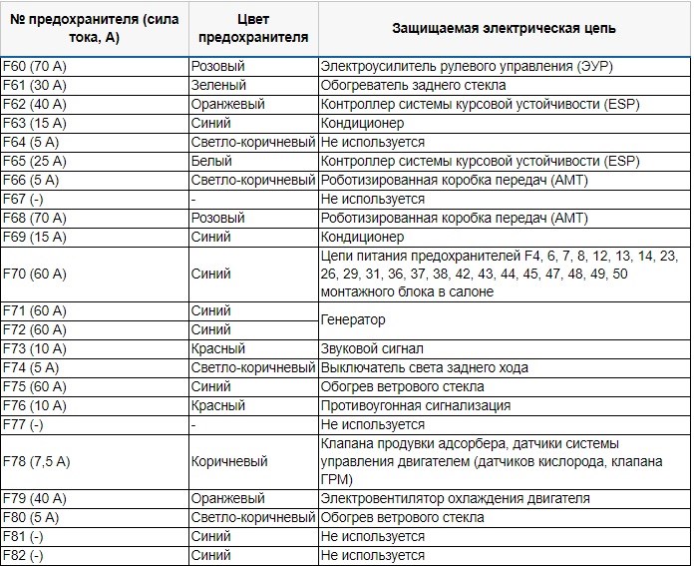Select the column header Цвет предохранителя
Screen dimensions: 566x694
[x=252, y=28]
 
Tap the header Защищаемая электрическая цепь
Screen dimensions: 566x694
[x=503, y=28]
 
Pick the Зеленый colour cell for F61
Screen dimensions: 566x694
[x=218, y=86]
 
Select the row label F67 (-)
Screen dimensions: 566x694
[x=25, y=199]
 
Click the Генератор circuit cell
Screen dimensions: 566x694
[x=353, y=320]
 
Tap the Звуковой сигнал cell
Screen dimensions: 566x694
[x=372, y=349]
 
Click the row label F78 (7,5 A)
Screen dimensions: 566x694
[x=39, y=462]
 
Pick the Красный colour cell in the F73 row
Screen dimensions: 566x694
[x=218, y=349]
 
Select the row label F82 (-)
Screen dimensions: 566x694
[x=25, y=556]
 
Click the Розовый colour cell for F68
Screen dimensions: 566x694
[x=218, y=218]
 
